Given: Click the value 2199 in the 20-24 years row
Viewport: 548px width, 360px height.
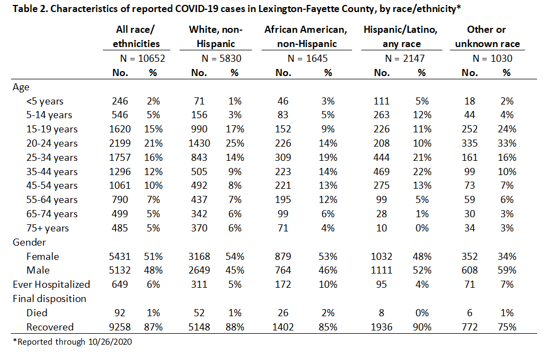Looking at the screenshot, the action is [x=120, y=143].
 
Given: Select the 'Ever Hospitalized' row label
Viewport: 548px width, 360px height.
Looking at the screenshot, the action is [x=51, y=284].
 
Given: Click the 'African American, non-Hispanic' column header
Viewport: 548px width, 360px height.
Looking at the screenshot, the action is [x=306, y=37].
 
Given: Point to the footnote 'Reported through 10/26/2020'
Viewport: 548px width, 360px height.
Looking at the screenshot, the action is [x=72, y=341].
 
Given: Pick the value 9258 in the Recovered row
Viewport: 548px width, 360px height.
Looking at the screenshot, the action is [x=120, y=327].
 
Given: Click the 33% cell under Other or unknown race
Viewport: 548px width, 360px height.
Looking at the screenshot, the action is [x=507, y=143].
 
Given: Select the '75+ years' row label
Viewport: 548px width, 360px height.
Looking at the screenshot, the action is [x=48, y=228].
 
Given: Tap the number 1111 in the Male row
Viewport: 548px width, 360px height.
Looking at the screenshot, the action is [x=381, y=270].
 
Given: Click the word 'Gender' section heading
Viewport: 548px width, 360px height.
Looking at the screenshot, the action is [x=29, y=242].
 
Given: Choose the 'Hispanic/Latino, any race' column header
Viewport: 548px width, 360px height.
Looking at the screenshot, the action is [x=401, y=37].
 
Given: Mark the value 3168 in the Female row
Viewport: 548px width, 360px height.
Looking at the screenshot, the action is [x=199, y=256].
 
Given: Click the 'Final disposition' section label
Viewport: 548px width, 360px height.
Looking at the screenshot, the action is [x=49, y=299].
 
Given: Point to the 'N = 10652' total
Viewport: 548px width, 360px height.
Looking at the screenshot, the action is [x=142, y=59].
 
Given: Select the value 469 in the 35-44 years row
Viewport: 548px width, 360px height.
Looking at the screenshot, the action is [x=381, y=172].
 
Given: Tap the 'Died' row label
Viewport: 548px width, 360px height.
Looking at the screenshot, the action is [x=37, y=313].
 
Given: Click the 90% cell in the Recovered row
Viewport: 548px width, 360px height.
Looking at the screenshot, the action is [x=422, y=327].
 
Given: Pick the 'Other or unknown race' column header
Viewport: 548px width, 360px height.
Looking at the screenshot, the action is [x=487, y=37].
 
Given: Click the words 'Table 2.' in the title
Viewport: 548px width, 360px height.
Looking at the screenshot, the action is [x=30, y=8].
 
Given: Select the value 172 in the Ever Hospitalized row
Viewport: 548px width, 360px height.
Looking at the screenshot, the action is [x=282, y=284].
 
